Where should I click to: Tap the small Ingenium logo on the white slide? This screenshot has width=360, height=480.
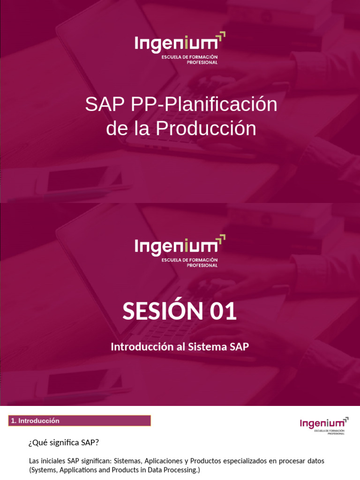[x=324, y=424]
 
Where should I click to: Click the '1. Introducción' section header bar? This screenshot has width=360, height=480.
[x=80, y=421]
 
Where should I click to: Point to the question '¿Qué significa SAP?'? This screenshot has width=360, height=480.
[x=64, y=443]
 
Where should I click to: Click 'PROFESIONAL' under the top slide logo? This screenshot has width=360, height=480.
[x=202, y=63]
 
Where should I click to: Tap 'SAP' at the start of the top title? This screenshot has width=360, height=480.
[x=103, y=105]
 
